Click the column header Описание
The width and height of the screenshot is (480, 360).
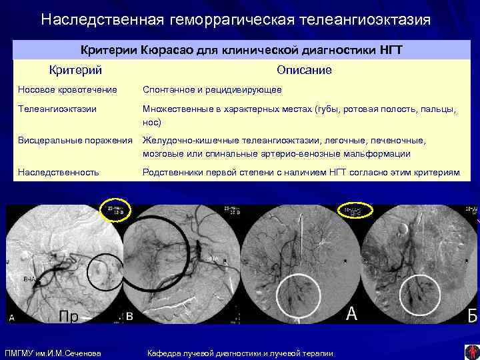[x=304, y=69]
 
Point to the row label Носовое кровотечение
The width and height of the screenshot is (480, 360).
[x=67, y=89]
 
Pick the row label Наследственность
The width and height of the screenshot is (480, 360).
[x=59, y=172]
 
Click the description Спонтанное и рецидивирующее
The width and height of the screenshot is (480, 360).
[x=211, y=89]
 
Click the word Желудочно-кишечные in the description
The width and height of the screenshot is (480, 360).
[x=184, y=141]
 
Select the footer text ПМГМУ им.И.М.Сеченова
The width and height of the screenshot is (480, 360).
[x=53, y=353]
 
